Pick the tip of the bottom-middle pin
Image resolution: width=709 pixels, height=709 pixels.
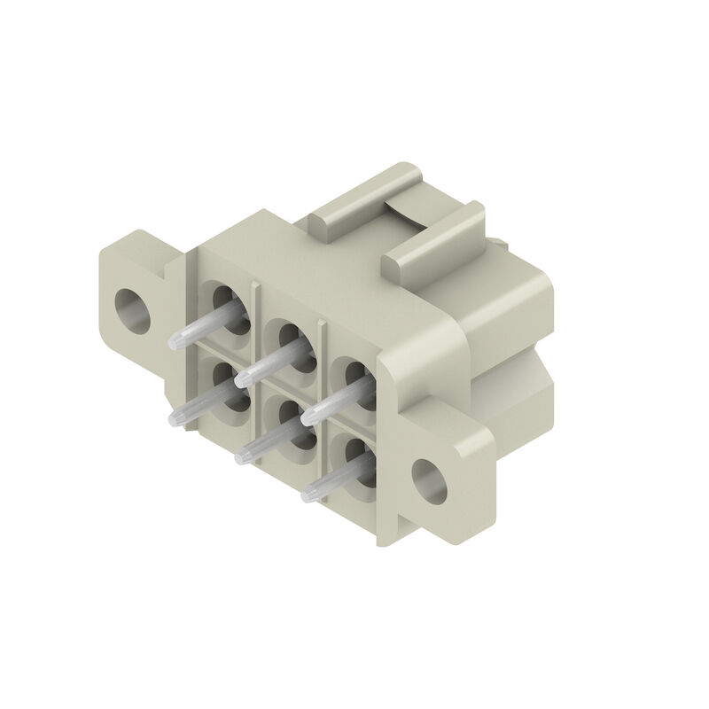[242, 458]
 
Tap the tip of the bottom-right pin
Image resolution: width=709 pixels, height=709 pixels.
[309, 493]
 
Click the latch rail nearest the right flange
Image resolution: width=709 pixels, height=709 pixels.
[434, 239]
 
